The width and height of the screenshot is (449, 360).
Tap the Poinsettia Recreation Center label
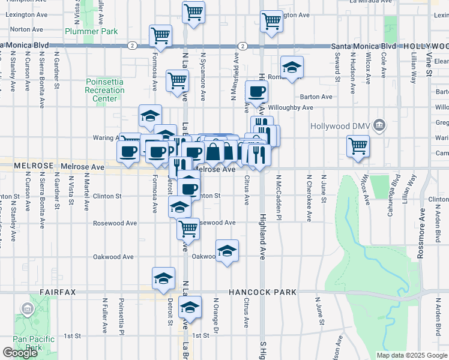coord(104,90)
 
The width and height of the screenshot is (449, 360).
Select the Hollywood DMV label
coord(340,126)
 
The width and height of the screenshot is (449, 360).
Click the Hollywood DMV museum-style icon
coord(379,125)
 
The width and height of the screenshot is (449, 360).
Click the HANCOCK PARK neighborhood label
coord(262,292)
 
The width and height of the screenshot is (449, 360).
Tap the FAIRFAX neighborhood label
coord(58,292)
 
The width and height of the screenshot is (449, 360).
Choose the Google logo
coord(20,353)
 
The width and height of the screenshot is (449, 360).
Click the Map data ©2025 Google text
coord(411,355)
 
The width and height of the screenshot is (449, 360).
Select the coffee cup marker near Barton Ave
coord(257,91)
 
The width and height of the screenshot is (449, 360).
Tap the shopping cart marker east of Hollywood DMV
coord(358,145)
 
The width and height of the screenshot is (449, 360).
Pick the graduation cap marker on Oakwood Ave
coord(227,251)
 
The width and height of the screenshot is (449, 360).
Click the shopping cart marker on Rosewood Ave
coord(188,228)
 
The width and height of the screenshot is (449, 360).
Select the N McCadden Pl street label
coord(279,198)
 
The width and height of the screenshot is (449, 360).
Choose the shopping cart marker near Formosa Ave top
coord(160,35)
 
